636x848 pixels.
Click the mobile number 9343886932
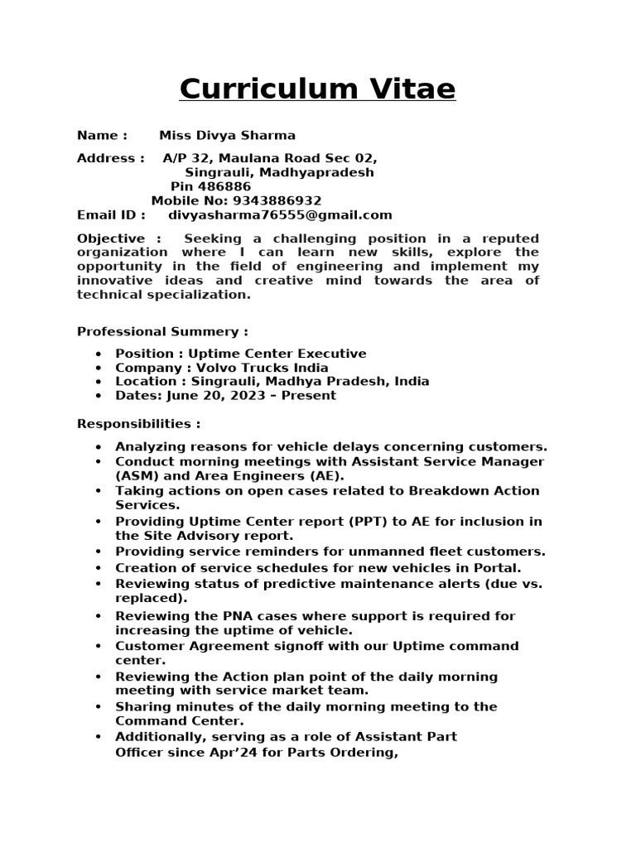[277, 200]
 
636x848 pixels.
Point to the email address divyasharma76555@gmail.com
[280, 214]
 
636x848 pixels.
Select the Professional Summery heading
[162, 331]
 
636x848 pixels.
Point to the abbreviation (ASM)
[137, 475]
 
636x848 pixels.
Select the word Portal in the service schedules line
[499, 567]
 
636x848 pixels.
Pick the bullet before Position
[99, 354]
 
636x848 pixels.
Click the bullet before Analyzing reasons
[99, 446]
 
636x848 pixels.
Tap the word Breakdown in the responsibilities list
[448, 490]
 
